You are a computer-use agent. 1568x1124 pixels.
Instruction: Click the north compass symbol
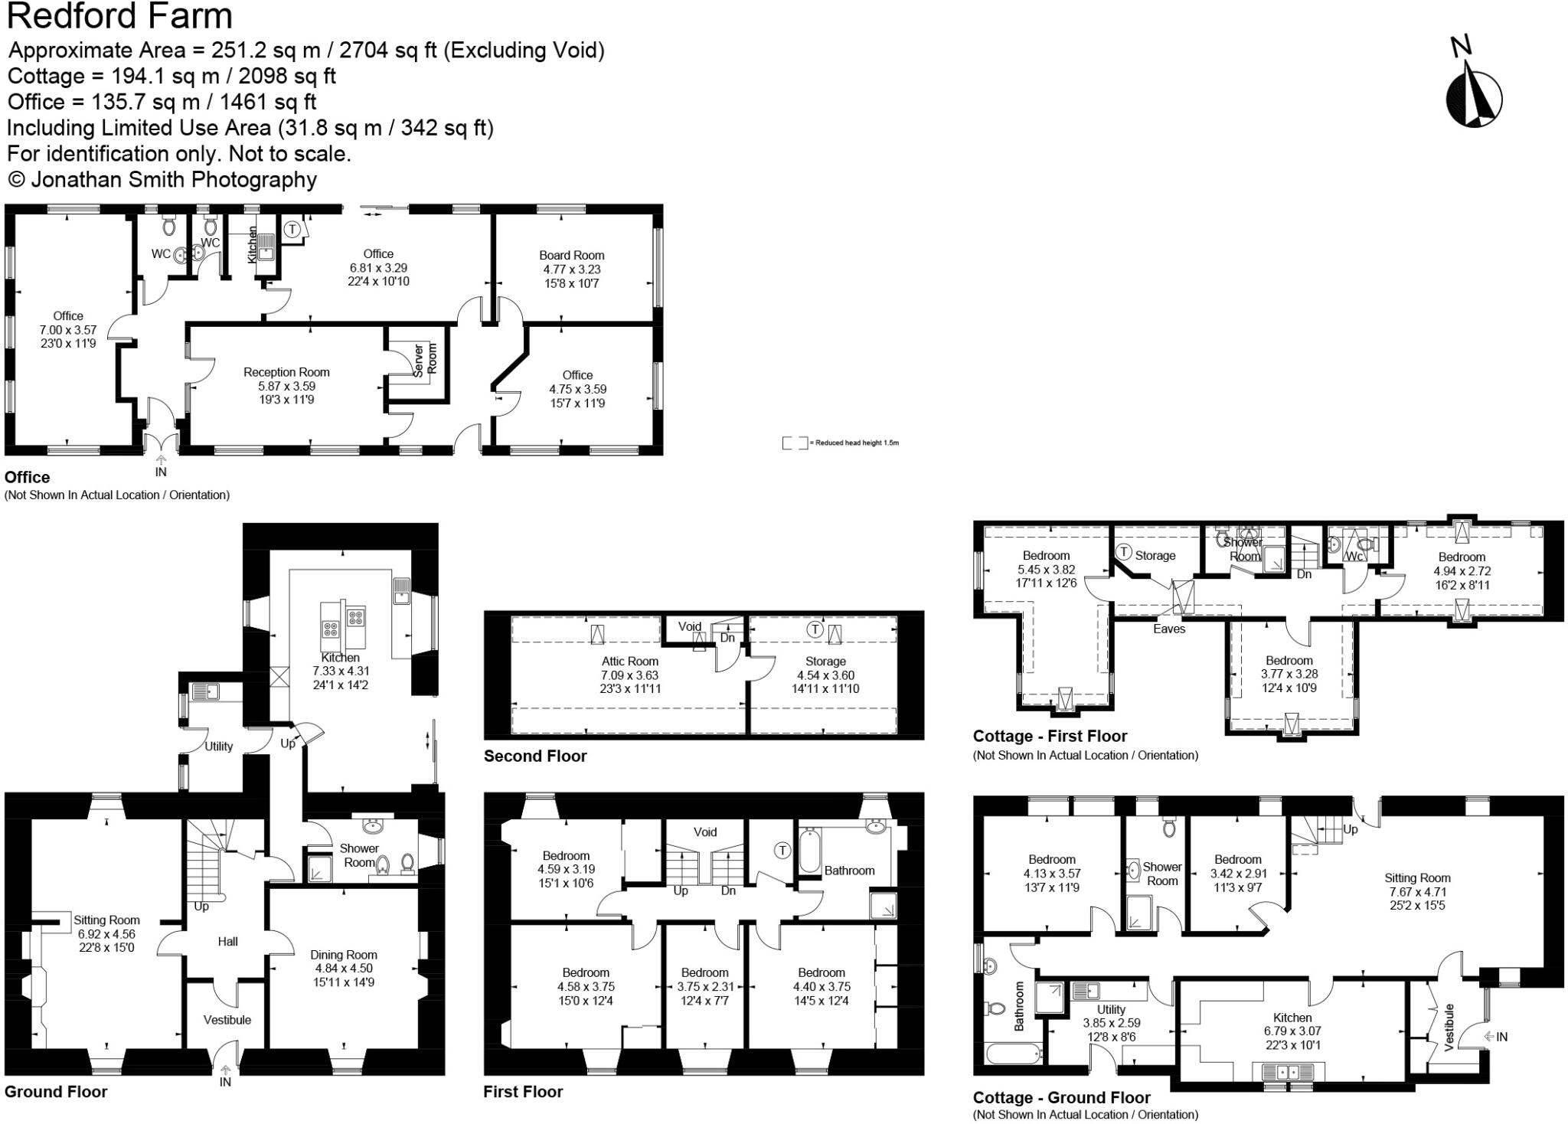[1473, 96]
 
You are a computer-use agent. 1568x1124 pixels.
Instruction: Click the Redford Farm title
[119, 15]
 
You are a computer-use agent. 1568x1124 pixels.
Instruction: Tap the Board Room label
[571, 255]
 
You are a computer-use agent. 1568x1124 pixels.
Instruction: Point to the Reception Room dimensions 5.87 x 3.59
[286, 386]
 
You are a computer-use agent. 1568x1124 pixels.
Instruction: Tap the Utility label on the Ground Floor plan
[218, 746]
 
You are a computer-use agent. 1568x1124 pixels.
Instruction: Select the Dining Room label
[343, 955]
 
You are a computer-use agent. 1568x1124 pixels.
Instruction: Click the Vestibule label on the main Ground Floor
[227, 1020]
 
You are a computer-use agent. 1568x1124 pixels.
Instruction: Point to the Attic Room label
[629, 662]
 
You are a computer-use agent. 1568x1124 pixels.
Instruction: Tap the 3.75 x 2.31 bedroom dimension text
[704, 987]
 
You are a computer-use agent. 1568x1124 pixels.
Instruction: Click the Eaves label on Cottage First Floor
[1168, 629]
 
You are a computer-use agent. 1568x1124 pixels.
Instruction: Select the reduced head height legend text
[856, 443]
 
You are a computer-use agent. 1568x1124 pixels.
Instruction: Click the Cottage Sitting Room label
[1416, 878]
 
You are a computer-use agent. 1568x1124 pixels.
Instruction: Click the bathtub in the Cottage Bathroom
[1013, 1054]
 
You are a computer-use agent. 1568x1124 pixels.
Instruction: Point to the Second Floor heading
[534, 756]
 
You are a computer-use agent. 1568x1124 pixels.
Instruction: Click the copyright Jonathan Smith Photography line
[162, 180]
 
